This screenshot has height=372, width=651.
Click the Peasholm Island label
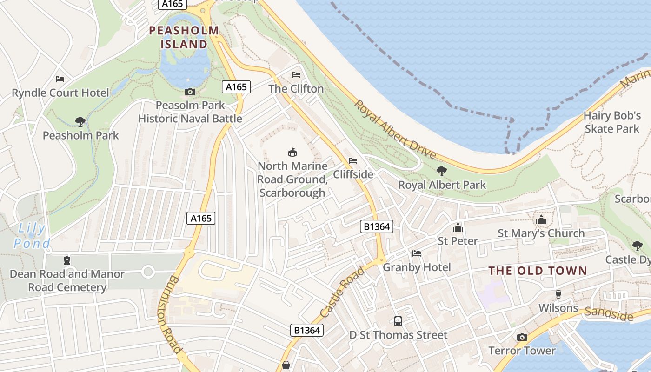[x=184, y=38]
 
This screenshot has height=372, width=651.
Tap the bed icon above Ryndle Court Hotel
[x=60, y=79]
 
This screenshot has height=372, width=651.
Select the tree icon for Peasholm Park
[x=80, y=122]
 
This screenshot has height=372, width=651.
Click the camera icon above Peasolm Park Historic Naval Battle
[x=190, y=92]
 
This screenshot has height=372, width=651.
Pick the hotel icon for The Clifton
[x=296, y=75]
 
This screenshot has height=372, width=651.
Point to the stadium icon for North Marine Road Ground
[x=292, y=152]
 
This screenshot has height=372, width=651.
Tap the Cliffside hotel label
[x=353, y=174]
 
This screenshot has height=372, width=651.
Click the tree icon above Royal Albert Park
[x=442, y=171]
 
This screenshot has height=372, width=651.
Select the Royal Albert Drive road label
[x=395, y=129]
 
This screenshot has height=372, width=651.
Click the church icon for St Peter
[x=458, y=227]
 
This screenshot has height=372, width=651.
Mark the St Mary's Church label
[x=541, y=233]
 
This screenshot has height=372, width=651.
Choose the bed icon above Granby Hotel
[x=417, y=253]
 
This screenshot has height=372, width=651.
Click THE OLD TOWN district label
[x=538, y=271]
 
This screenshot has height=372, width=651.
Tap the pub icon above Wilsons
[x=558, y=294]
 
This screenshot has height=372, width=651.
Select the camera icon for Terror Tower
[x=522, y=337]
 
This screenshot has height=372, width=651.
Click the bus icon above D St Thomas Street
[x=398, y=321]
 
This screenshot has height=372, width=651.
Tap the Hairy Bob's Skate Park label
[x=612, y=122]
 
